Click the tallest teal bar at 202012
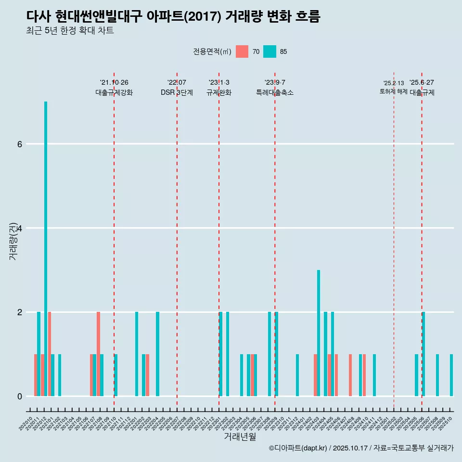(46, 248)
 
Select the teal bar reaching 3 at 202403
(319, 333)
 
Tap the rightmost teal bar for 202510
(451, 375)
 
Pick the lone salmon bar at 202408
(350, 375)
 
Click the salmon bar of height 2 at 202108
(98, 354)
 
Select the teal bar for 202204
(157, 354)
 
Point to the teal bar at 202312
(297, 375)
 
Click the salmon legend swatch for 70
(242, 51)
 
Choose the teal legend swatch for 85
(270, 51)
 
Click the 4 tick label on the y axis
(19, 228)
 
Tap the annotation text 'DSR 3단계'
(177, 92)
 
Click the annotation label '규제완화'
(219, 92)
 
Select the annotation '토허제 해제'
(393, 91)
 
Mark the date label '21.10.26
(114, 82)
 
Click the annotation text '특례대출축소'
(275, 92)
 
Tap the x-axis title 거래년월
(240, 436)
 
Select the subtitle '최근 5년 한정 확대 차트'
(70, 31)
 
